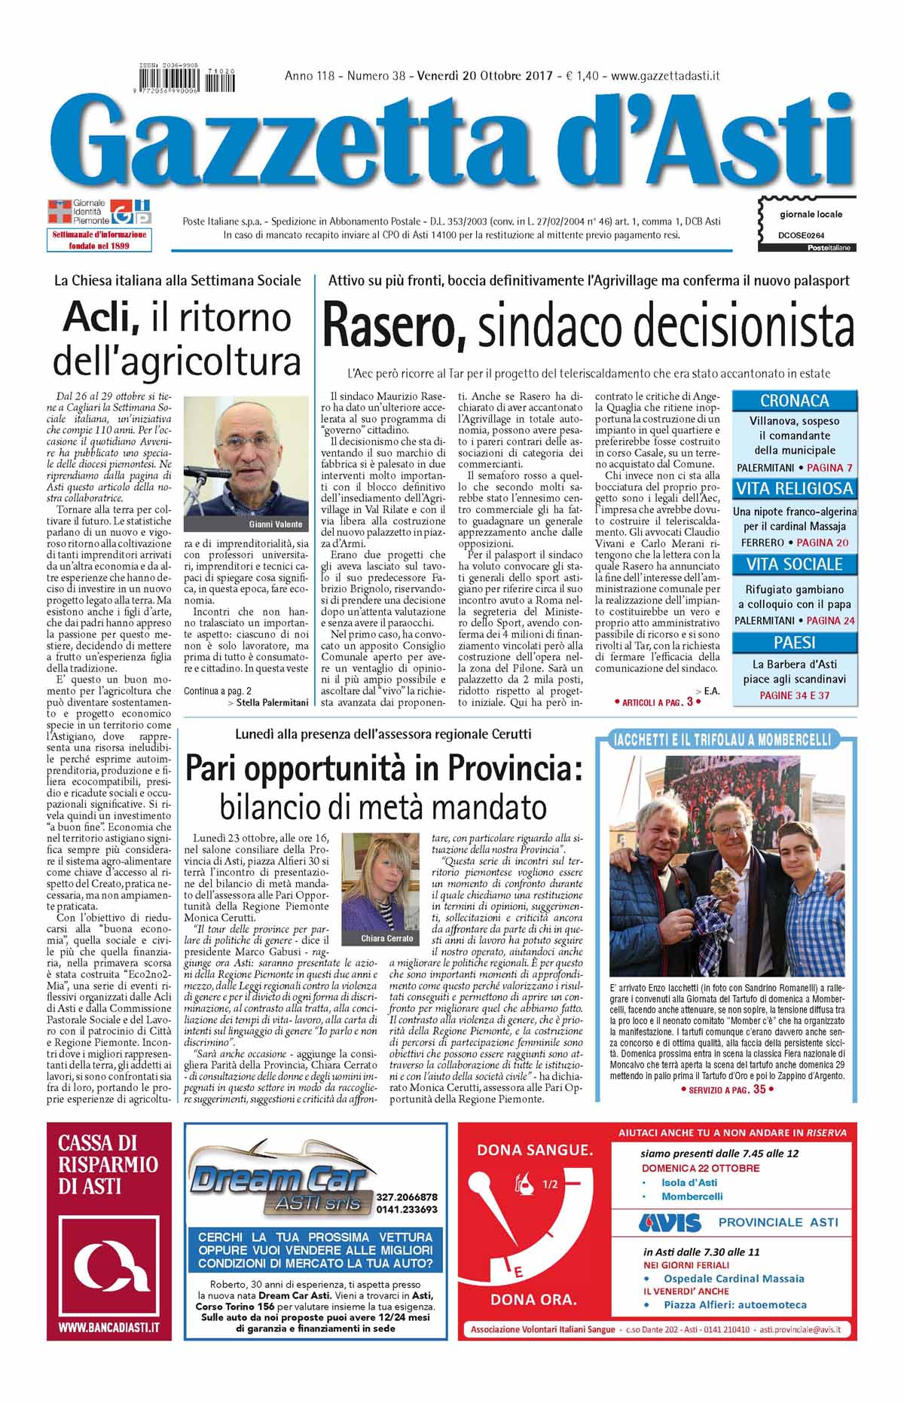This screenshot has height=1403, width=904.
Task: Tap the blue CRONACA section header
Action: click(794, 401)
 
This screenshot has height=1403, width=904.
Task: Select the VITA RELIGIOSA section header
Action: click(794, 488)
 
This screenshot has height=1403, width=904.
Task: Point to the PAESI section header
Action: click(794, 643)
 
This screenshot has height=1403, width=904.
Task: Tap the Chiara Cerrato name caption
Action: click(386, 938)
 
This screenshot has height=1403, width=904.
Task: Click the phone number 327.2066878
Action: click(406, 1196)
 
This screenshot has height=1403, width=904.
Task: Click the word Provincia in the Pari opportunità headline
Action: click(515, 769)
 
